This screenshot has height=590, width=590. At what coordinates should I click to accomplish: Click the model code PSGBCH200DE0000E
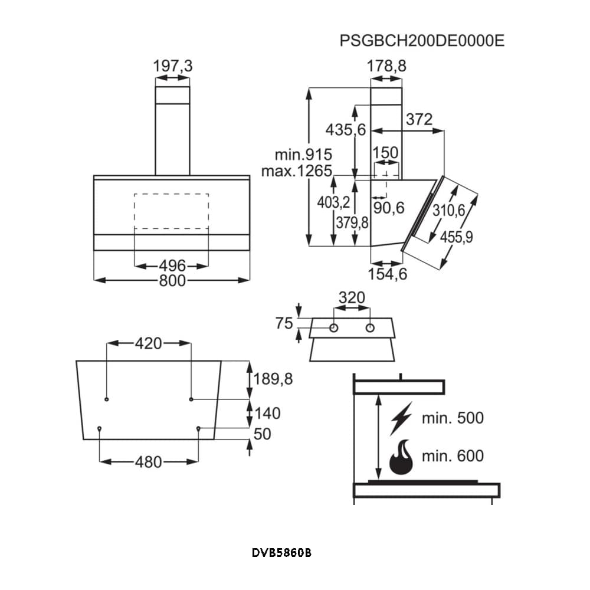point(422,41)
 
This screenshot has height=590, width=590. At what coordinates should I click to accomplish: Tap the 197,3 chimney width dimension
point(173,66)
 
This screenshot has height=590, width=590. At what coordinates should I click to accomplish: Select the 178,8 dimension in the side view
point(387,66)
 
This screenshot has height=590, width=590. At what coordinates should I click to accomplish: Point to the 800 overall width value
point(172,281)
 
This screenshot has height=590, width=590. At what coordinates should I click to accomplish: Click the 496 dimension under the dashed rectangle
point(172,265)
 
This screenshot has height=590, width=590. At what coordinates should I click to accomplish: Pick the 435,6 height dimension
point(346,130)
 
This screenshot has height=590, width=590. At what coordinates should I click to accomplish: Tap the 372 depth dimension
point(419,119)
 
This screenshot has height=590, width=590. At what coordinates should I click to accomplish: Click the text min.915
point(303,155)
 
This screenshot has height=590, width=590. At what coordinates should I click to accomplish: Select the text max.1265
point(297,172)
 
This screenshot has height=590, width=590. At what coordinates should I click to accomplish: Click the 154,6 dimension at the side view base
point(388,274)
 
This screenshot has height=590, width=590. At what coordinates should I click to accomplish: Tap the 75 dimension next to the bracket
point(284,323)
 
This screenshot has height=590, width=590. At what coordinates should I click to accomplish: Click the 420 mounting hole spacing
point(149,343)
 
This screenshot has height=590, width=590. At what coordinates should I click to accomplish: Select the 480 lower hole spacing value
point(149,462)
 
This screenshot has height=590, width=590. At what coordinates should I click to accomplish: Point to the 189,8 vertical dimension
point(273,379)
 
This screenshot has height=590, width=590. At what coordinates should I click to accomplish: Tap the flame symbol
point(402,458)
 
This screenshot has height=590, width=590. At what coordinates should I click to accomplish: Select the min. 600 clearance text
point(453,455)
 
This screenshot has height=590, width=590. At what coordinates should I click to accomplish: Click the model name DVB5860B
point(281,553)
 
